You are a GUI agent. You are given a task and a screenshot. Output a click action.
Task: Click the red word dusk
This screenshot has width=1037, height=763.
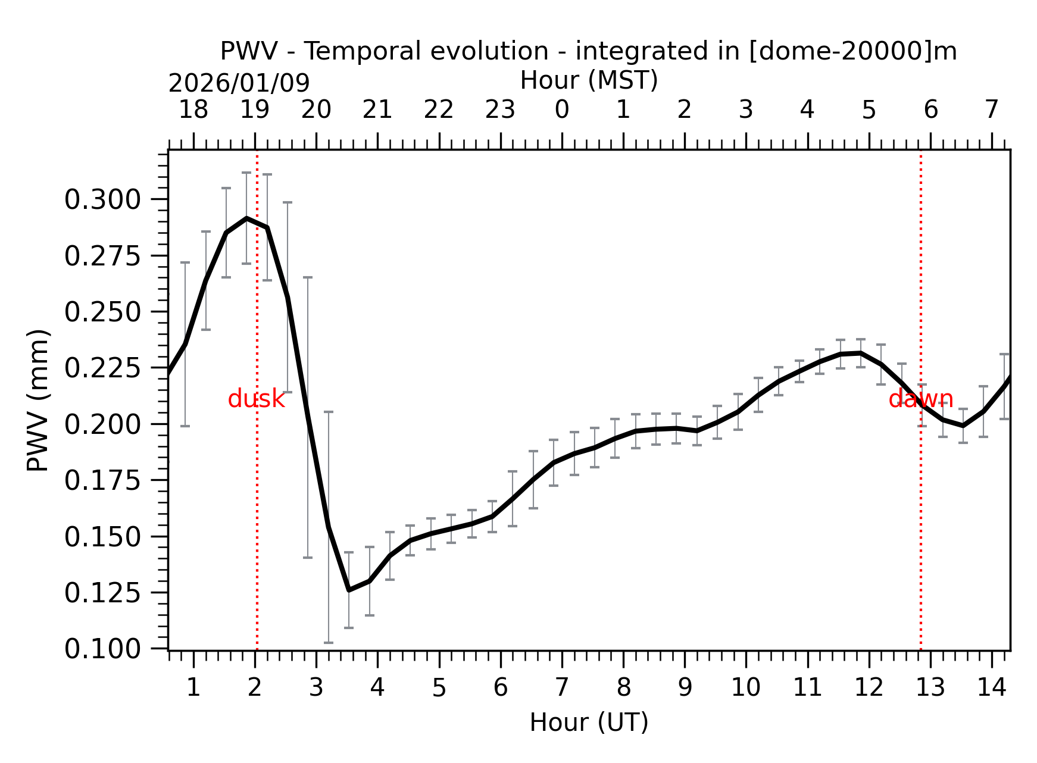click(x=256, y=399)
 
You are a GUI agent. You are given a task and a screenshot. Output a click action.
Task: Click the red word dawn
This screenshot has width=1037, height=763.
click(x=920, y=399)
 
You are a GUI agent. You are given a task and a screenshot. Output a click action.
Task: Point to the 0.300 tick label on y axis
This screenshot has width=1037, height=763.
click(x=102, y=199)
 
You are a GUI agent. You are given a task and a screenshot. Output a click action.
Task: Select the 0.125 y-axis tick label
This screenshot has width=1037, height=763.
click(x=102, y=593)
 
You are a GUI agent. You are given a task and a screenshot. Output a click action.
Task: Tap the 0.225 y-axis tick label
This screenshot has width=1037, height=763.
click(x=102, y=368)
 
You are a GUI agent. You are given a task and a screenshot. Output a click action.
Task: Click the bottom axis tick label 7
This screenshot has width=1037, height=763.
click(x=562, y=687)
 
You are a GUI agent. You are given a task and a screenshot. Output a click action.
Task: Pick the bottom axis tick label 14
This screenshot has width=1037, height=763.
click(x=992, y=687)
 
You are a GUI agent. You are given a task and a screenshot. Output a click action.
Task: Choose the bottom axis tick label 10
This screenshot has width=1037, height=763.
click(x=746, y=687)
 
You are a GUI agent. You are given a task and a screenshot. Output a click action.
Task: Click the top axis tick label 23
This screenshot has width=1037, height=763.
click(x=500, y=110)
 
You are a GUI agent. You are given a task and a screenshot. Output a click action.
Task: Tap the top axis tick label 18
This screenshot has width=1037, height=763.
click(x=193, y=110)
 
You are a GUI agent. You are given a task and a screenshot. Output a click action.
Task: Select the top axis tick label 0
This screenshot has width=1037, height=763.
click(x=562, y=110)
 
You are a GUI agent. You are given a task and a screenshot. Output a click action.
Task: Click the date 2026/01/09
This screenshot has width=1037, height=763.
click(x=239, y=83)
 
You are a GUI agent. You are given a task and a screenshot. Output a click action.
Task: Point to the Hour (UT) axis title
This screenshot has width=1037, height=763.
click(x=589, y=723)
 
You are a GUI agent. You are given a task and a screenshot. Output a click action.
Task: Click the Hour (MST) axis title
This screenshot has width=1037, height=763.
click(x=589, y=80)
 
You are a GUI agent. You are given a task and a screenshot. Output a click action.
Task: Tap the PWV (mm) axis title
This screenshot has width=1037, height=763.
click(x=38, y=400)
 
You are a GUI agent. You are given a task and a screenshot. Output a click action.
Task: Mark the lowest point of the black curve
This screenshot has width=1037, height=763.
click(x=349, y=590)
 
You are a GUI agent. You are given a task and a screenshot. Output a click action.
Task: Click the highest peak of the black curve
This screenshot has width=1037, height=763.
click(x=246, y=218)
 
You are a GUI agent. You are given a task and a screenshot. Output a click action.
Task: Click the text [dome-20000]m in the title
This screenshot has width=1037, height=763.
click(x=852, y=51)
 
